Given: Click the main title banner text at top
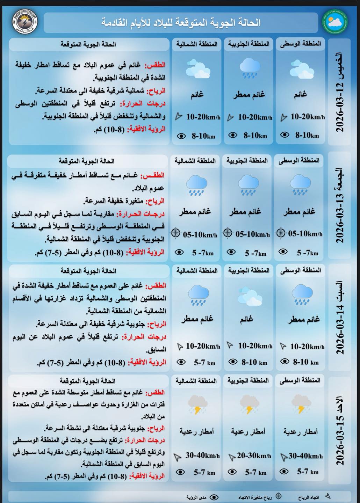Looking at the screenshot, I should pos(181,23).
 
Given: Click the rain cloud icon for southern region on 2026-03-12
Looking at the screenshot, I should pos(249,68).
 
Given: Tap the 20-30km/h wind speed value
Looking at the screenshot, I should pos(254,456).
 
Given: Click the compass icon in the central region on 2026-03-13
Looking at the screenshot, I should pos(281,233).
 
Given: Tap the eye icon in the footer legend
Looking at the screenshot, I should pos(214,496).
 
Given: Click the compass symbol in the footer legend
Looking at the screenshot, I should pos(279,496).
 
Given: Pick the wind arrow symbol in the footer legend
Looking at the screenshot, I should pos(327,496).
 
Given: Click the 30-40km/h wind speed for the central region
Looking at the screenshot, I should pos(306,456).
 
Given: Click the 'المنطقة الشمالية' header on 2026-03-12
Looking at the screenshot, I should pos(197,44).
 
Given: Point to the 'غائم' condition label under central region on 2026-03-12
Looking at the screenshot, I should pos(300,94).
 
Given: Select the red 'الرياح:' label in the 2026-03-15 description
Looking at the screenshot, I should pos(157,428).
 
